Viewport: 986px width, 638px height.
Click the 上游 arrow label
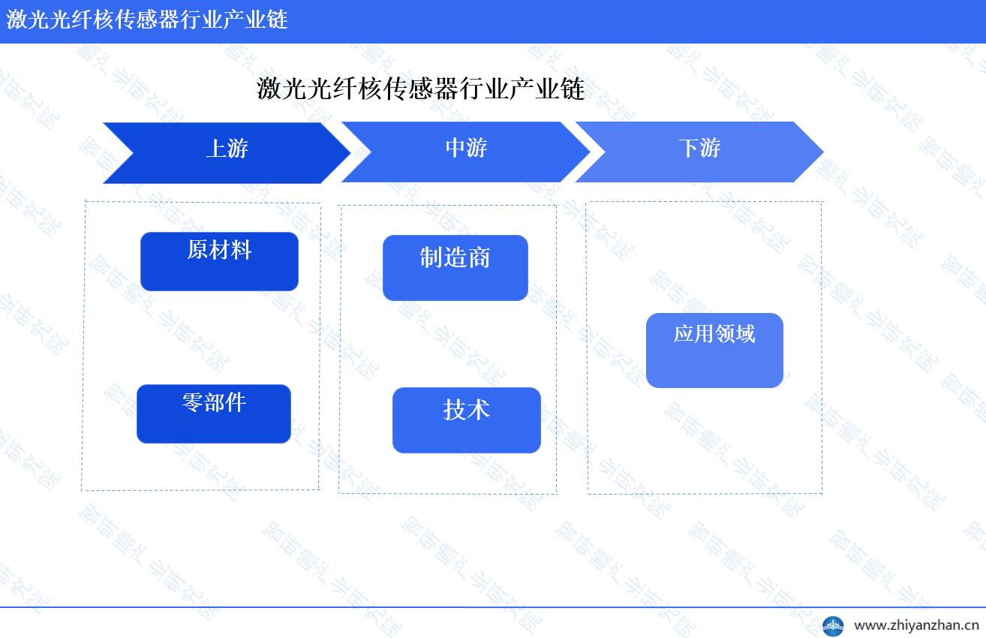227,149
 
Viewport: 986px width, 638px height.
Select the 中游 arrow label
466,148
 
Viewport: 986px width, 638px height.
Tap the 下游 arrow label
699,148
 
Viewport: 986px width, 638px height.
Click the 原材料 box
219,261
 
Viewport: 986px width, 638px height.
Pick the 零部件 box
214,414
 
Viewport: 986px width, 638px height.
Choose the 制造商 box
455,268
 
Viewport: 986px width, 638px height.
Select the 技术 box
467,420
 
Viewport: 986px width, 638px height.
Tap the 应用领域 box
714,351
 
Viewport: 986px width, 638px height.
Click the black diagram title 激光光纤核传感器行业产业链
420,89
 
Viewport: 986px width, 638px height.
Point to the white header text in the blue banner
147,20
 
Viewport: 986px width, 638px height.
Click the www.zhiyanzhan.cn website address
916,625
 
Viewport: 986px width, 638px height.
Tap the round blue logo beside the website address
833,626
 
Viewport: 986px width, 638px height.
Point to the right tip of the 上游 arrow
351,153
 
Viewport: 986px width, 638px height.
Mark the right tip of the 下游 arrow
824,152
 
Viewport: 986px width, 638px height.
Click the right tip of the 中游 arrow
591,152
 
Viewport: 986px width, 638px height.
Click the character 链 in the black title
573,89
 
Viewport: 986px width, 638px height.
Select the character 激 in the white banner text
17,20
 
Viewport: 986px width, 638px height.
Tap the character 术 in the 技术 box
479,410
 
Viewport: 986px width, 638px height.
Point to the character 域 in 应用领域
745,334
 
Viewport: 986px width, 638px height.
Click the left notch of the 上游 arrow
133,153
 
